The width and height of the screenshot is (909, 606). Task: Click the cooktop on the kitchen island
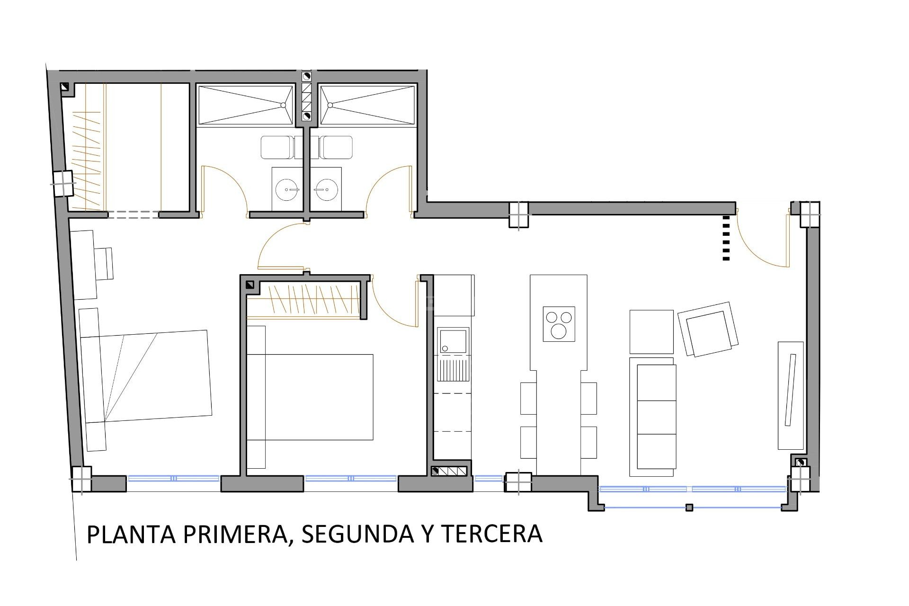coord(559,324)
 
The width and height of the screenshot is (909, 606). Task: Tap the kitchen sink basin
coord(453,341)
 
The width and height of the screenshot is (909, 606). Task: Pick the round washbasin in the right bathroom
coord(325,190)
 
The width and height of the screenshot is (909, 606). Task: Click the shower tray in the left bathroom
coord(246,105)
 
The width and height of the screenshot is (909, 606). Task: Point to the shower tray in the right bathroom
coord(368,105)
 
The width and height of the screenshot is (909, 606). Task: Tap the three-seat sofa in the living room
coord(652,417)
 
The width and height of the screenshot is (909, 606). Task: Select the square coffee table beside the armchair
coord(651,331)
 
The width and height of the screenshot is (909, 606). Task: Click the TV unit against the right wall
coord(791,395)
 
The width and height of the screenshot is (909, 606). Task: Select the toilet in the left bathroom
coord(277,147)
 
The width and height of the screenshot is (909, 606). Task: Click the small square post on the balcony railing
coord(689,508)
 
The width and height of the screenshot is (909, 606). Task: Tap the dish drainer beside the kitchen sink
coord(453,370)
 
